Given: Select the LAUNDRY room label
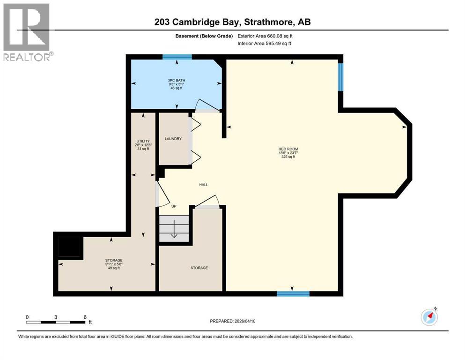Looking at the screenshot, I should [173, 139].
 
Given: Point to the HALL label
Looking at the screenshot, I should [203, 185].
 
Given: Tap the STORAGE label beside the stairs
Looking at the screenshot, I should [199, 268].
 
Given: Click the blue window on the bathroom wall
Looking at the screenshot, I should [177, 57].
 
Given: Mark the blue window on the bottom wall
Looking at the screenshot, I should [293, 294].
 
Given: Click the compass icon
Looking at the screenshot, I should [429, 317].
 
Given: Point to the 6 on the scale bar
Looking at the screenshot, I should [85, 316].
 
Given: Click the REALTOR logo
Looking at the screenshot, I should [27, 32].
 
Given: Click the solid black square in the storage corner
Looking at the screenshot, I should [68, 247].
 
